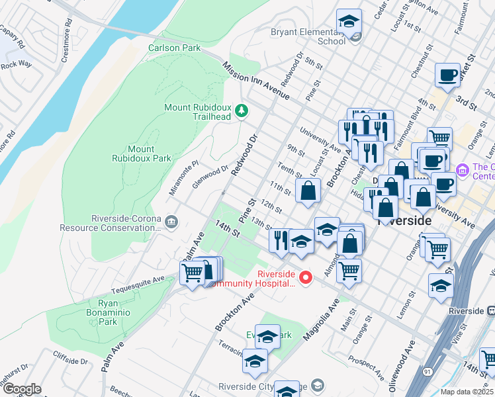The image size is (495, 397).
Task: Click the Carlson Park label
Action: click(174, 48)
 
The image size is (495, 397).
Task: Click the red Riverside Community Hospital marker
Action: click(305, 277)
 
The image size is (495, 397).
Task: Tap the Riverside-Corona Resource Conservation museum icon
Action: click(171, 221)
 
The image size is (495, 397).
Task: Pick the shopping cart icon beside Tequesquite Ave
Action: click(192, 271)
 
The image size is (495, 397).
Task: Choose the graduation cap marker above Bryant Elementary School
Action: click(349, 22)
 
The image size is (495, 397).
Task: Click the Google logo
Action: click(22, 389)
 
